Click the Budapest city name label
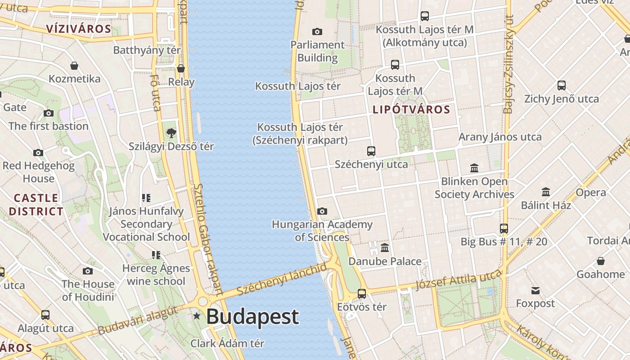(x=252, y=317)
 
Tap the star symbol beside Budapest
(x=197, y=316)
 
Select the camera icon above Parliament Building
(x=317, y=31)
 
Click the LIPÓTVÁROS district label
(x=411, y=110)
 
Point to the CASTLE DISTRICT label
(x=36, y=205)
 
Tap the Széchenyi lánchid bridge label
(x=282, y=280)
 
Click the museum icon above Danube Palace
(x=385, y=247)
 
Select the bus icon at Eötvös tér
(x=362, y=294)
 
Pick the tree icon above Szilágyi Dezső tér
(x=171, y=133)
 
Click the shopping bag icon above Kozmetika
(x=74, y=66)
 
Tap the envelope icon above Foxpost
(x=535, y=290)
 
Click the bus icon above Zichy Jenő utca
(x=561, y=85)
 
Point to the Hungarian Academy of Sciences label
(x=322, y=230)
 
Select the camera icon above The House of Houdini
(x=88, y=270)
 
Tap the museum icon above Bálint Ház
(x=546, y=192)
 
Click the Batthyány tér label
(x=147, y=50)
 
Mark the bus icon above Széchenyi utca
(x=371, y=151)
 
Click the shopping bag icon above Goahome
(x=600, y=261)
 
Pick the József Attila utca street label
(x=459, y=279)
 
